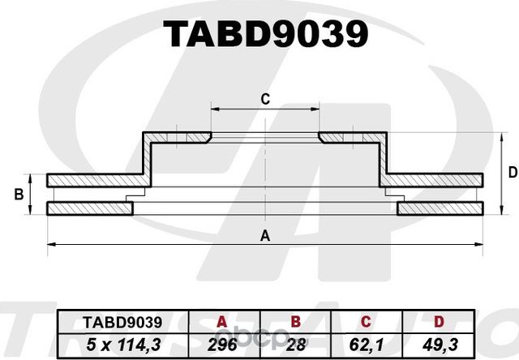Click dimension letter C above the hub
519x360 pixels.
(264, 100)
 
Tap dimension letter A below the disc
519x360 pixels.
(264, 236)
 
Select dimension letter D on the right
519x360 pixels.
(512, 172)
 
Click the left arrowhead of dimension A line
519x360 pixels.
(51, 243)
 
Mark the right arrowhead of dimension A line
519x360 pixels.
(481, 243)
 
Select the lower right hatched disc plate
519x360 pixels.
(442, 209)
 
